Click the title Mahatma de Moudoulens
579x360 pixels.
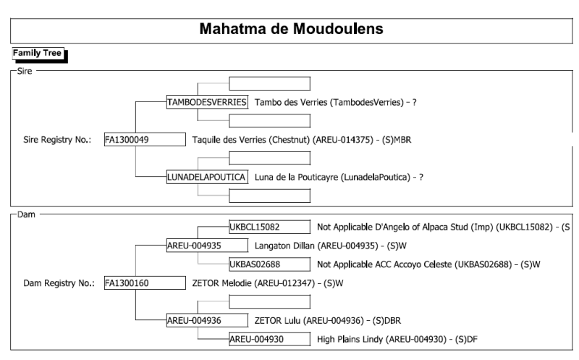coord(292,29)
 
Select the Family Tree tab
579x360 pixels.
coord(38,53)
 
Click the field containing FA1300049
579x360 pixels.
coord(145,139)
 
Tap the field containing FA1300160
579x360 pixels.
coord(145,282)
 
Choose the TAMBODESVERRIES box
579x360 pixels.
coord(207,102)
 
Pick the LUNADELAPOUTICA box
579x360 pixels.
coord(207,177)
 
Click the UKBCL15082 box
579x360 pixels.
coord(269,227)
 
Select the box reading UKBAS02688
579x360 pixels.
coord(269,264)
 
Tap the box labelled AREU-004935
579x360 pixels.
coord(207,246)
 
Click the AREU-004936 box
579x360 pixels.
coord(207,320)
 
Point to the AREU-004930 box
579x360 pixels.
coord(269,339)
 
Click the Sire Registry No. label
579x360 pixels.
coord(57,140)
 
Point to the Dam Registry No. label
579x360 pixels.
coord(59,283)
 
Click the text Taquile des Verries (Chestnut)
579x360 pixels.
coord(251,140)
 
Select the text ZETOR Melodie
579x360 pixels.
coord(223,283)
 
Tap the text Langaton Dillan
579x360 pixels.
coord(284,246)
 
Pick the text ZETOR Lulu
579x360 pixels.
coord(277,320)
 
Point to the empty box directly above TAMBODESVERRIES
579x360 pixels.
coord(269,83)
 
